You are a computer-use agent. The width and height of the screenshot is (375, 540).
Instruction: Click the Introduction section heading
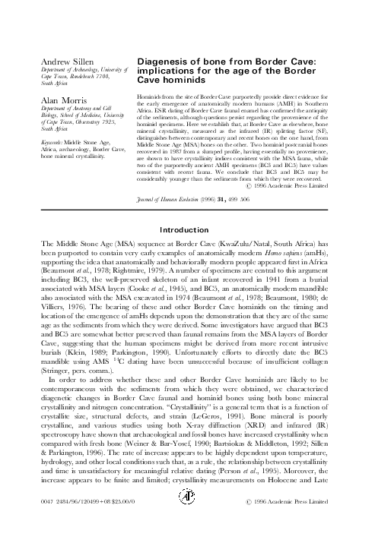coord(187,250)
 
